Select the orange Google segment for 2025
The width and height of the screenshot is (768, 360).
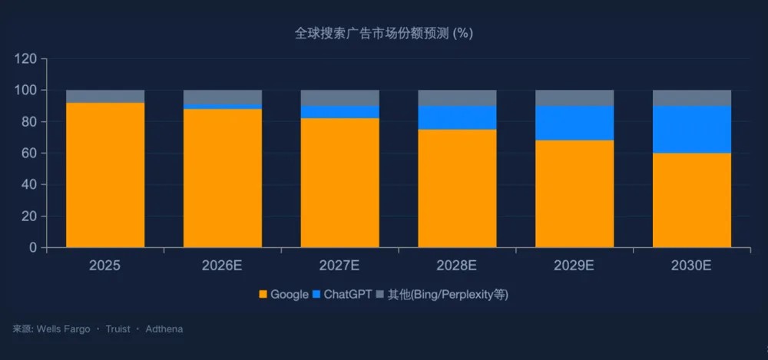(105, 175)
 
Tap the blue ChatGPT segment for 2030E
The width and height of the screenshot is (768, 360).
(691, 130)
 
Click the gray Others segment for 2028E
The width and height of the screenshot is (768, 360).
(457, 97)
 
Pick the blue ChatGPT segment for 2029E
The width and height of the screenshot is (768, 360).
(574, 123)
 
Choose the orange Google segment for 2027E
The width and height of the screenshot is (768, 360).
(339, 183)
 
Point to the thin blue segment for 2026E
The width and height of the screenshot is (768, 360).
(223, 107)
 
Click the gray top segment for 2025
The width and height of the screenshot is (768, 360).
(105, 96)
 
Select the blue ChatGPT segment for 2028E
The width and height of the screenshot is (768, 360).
(457, 117)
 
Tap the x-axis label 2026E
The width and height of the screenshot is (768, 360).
(222, 266)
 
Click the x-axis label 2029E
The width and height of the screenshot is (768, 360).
(574, 266)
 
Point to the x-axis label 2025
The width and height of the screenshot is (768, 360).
(104, 266)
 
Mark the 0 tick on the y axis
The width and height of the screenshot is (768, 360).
(33, 248)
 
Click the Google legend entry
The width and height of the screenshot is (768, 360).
(284, 295)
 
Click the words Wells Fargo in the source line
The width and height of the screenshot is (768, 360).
(63, 329)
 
